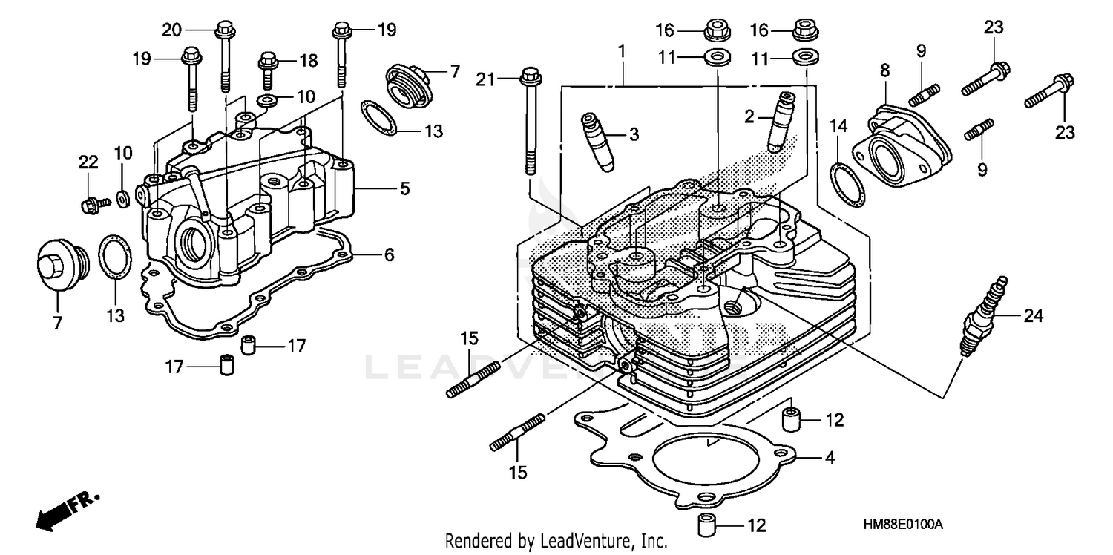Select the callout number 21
[x=485, y=77]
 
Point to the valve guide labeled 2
[x=780, y=119]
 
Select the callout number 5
[x=404, y=188]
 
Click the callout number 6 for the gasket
[x=388, y=255]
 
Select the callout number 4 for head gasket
[x=830, y=458]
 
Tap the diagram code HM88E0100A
[x=902, y=525]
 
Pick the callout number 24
[x=1034, y=317]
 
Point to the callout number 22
[x=88, y=161]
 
